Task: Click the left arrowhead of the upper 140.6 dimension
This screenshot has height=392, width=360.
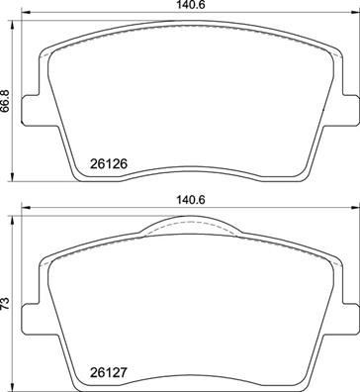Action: click(x=24, y=17)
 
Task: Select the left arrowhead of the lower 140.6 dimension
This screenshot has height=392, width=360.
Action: click(x=24, y=209)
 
